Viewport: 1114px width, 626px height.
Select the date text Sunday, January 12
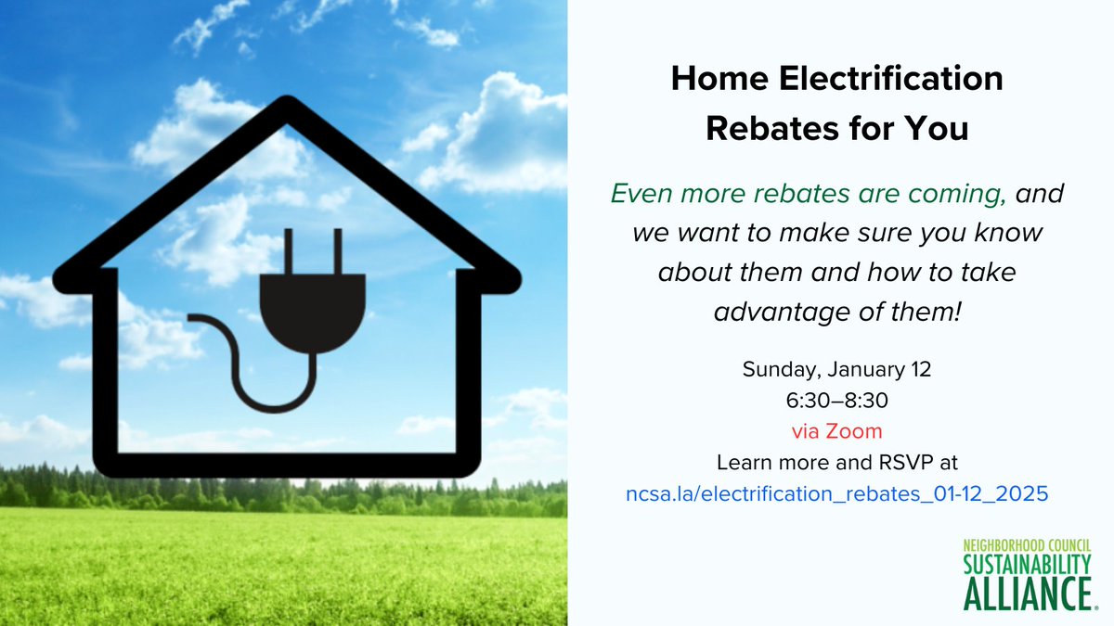click(x=836, y=369)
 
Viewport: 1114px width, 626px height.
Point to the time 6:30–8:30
click(x=836, y=400)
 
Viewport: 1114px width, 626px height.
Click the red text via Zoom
click(x=836, y=431)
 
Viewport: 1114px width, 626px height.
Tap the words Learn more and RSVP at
click(x=836, y=463)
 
